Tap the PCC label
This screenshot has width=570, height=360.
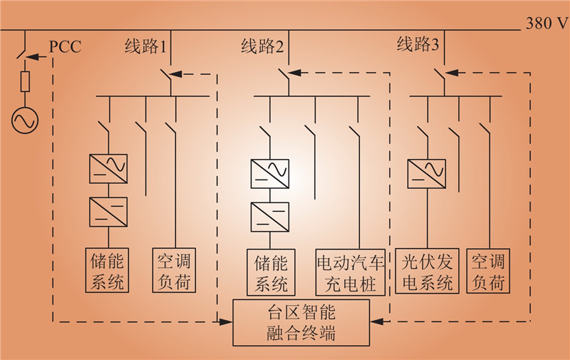click(x=65, y=48)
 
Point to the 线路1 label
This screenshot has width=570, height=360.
click(x=145, y=48)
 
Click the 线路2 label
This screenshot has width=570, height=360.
click(x=262, y=48)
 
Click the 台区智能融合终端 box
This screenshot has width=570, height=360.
click(x=302, y=322)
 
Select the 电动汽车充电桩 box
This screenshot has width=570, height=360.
click(x=351, y=272)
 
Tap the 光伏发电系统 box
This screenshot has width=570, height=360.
click(x=427, y=272)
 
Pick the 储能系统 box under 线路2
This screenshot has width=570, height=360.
click(x=270, y=272)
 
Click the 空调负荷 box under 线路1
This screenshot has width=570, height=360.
click(x=172, y=270)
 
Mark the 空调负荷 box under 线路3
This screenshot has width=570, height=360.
click(x=489, y=272)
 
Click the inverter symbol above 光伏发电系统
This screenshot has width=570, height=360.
click(x=427, y=173)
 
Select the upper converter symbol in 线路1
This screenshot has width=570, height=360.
click(x=108, y=168)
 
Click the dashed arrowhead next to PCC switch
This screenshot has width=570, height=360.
click(x=42, y=54)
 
